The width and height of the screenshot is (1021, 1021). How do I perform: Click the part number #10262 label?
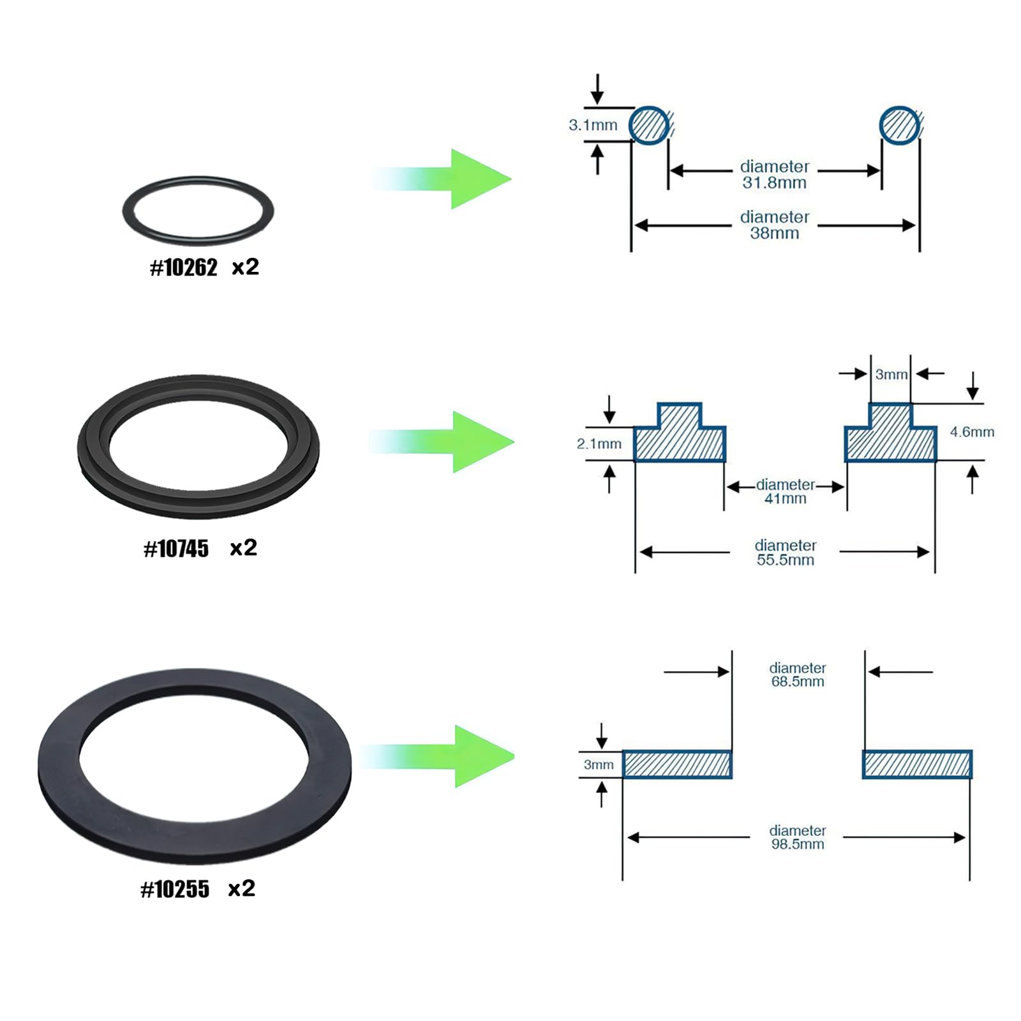pos(184,267)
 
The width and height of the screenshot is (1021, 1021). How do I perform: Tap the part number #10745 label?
pos(176,549)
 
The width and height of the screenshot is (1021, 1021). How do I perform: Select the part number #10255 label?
pos(175,890)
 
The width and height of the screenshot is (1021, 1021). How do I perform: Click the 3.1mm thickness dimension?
pos(593,125)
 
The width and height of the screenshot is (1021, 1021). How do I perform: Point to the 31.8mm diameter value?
pos(774,183)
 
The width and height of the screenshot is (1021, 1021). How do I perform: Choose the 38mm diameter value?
pos(774,234)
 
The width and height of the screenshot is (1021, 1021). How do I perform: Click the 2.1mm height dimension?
pos(599,444)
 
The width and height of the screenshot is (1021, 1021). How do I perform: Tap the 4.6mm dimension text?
pos(972,432)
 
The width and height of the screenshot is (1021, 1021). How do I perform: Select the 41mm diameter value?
pos(785,499)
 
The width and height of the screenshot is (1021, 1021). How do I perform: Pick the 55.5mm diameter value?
pos(785,560)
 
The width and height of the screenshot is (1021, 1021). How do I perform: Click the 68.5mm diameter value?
pos(797,682)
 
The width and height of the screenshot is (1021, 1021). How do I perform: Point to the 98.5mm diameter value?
pos(797,844)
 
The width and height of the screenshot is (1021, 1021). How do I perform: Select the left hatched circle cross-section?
pos(650,125)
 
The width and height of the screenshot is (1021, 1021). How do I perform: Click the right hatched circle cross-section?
pos(900,125)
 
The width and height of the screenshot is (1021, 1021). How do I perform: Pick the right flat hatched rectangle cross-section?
pos(917,764)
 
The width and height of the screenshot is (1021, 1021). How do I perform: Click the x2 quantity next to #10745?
pos(243,548)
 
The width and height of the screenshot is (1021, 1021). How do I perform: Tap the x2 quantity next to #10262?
pos(245,267)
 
